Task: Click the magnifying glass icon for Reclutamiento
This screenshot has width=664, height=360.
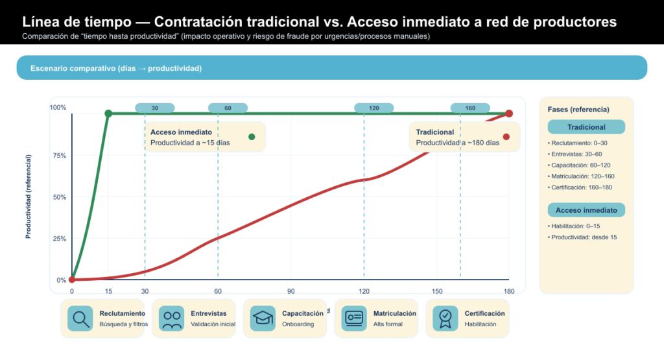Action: pos(81,318)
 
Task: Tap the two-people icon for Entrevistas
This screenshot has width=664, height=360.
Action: pos(172,318)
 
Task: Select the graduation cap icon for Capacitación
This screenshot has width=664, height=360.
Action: pos(263,318)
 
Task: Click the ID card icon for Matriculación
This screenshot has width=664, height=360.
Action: pos(355,318)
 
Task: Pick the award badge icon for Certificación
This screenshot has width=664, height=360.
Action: pos(445,318)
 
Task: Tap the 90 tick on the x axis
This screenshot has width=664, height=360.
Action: pos(291,291)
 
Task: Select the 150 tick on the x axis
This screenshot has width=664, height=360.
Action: pos(437,291)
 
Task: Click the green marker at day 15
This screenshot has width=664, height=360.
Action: pos(108,114)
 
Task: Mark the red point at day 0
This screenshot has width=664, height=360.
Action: pos(72,280)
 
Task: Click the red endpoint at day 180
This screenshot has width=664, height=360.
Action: pos(509,114)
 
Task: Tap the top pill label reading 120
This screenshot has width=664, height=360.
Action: pos(374,108)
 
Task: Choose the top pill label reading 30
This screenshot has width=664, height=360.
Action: pos(155,108)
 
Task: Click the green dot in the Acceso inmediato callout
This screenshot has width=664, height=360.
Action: pos(252,136)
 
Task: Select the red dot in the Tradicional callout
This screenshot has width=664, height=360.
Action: pos(506,136)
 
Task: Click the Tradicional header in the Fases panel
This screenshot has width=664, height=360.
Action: pos(586,127)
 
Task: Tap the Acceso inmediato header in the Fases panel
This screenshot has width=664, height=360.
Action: pos(586,210)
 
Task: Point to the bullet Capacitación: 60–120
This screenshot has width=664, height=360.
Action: pos(581,165)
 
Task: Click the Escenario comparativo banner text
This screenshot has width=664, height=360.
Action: pos(116,68)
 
